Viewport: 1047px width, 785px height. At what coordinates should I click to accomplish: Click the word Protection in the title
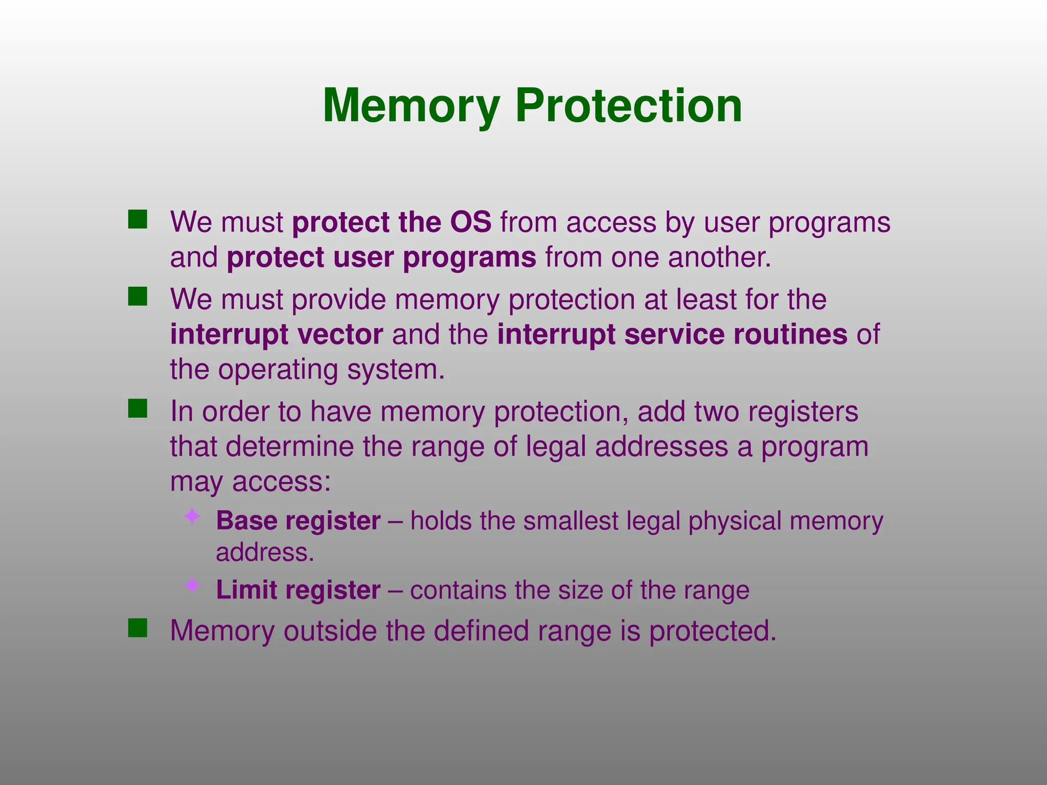point(628,106)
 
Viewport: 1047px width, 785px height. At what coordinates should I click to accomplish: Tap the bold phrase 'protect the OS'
point(392,222)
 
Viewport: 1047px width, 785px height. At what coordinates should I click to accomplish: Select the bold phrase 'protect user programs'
point(381,257)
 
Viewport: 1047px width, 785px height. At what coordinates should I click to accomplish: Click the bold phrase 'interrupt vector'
point(277,334)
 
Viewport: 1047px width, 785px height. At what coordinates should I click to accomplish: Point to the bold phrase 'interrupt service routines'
point(672,334)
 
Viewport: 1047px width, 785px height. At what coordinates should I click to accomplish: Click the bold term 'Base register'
point(298,521)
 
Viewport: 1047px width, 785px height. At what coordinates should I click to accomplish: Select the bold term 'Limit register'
point(298,590)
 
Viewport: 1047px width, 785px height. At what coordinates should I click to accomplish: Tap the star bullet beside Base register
point(192,517)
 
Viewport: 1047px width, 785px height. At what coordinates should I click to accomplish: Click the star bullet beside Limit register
point(192,586)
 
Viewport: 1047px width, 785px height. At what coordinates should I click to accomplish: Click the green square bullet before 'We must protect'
point(138,219)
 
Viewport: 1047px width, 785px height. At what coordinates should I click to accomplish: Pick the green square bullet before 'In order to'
point(138,408)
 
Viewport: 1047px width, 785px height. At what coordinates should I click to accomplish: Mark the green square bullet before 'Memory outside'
point(138,628)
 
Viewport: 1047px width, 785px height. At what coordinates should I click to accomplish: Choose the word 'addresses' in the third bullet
point(662,446)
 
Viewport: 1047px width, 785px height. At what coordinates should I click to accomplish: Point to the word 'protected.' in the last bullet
point(713,631)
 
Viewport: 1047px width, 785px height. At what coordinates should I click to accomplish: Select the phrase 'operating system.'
point(332,370)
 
